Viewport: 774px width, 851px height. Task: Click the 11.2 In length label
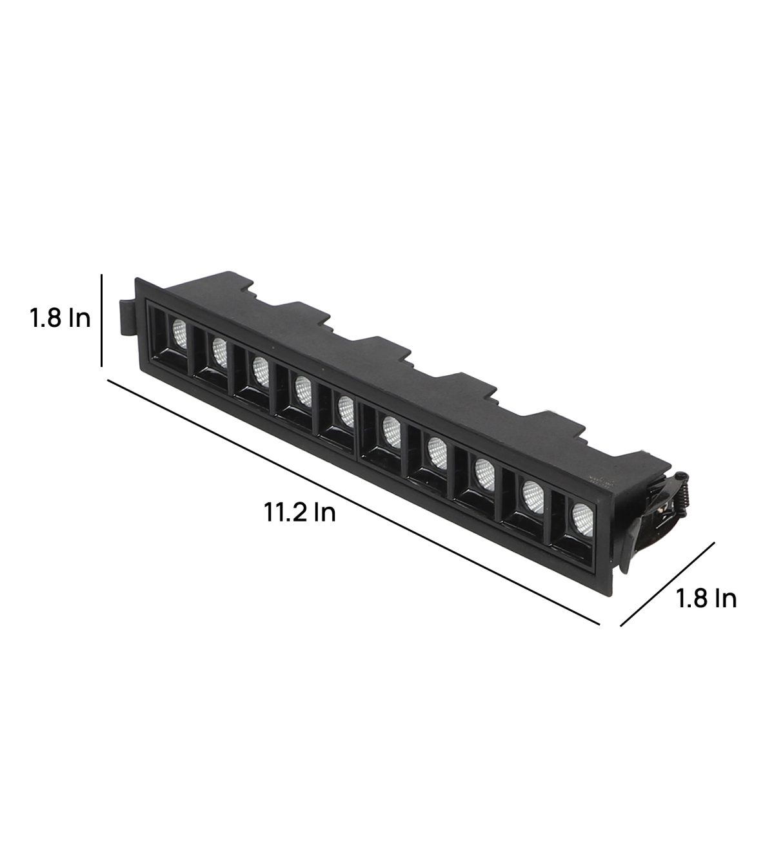(300, 513)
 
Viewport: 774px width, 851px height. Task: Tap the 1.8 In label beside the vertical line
(60, 318)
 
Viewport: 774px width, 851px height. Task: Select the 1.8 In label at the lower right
(706, 598)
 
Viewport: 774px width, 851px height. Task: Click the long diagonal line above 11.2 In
(353, 502)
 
